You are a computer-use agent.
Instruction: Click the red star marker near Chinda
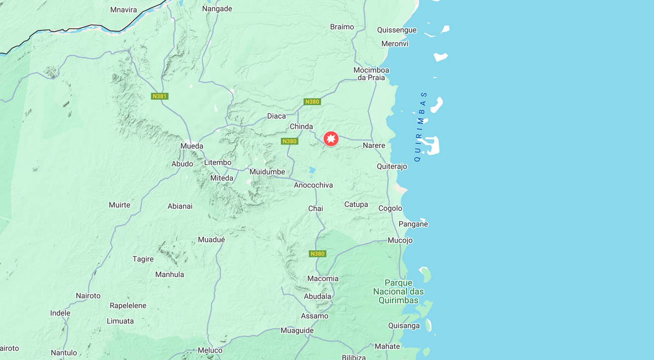point(331,139)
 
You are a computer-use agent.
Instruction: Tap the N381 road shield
point(159,96)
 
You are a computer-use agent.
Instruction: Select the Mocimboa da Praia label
point(371,74)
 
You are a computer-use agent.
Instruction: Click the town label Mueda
point(192,146)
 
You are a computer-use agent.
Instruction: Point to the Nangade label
point(217,9)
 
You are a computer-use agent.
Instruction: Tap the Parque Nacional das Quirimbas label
point(398,291)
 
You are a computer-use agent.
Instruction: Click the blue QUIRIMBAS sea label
point(420,126)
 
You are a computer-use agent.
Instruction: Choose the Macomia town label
point(323,278)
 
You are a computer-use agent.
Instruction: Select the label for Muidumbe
point(267,171)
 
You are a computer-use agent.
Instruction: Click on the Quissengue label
point(397,30)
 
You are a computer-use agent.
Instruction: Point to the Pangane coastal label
point(413,224)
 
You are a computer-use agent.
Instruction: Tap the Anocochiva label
point(313,185)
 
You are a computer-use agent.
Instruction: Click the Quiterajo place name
point(392,166)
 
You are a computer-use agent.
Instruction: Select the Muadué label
point(212,240)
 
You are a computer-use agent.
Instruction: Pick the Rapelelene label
point(128,305)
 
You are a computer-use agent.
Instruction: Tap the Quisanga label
point(404,325)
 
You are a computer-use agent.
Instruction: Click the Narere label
point(374,145)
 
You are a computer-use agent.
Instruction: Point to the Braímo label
point(342,27)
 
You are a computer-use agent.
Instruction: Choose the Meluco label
point(210,350)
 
